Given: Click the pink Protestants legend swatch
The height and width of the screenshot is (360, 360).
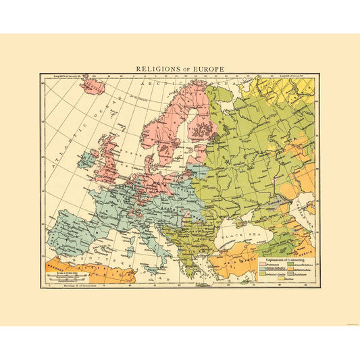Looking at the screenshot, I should point(263,265).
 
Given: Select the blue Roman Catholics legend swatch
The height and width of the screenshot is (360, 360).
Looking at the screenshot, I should point(263,269).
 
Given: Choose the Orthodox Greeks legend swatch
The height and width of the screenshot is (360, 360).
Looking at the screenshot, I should point(263,274).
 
